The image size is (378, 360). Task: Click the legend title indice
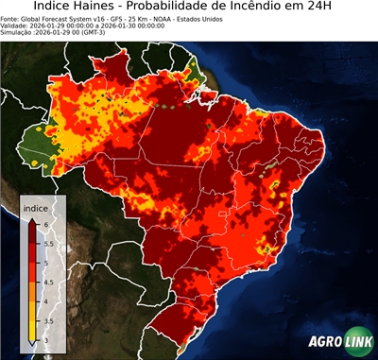pos(37,207)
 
